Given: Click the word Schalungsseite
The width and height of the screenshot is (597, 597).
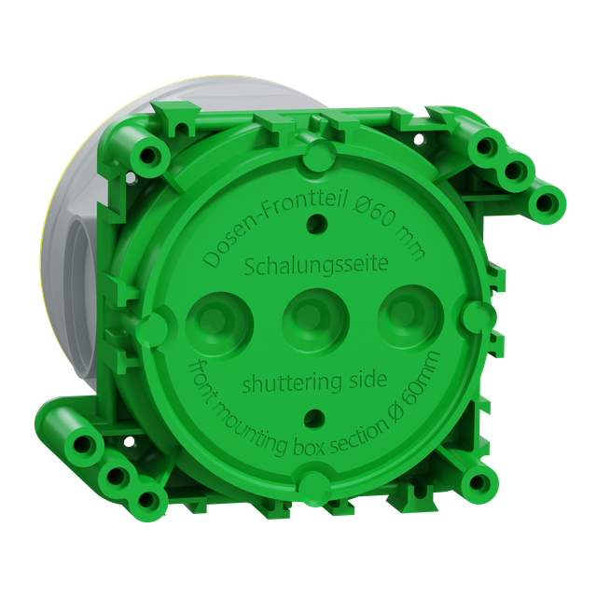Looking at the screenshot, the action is point(315,265).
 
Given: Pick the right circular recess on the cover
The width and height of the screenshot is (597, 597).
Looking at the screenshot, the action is point(410,317).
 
